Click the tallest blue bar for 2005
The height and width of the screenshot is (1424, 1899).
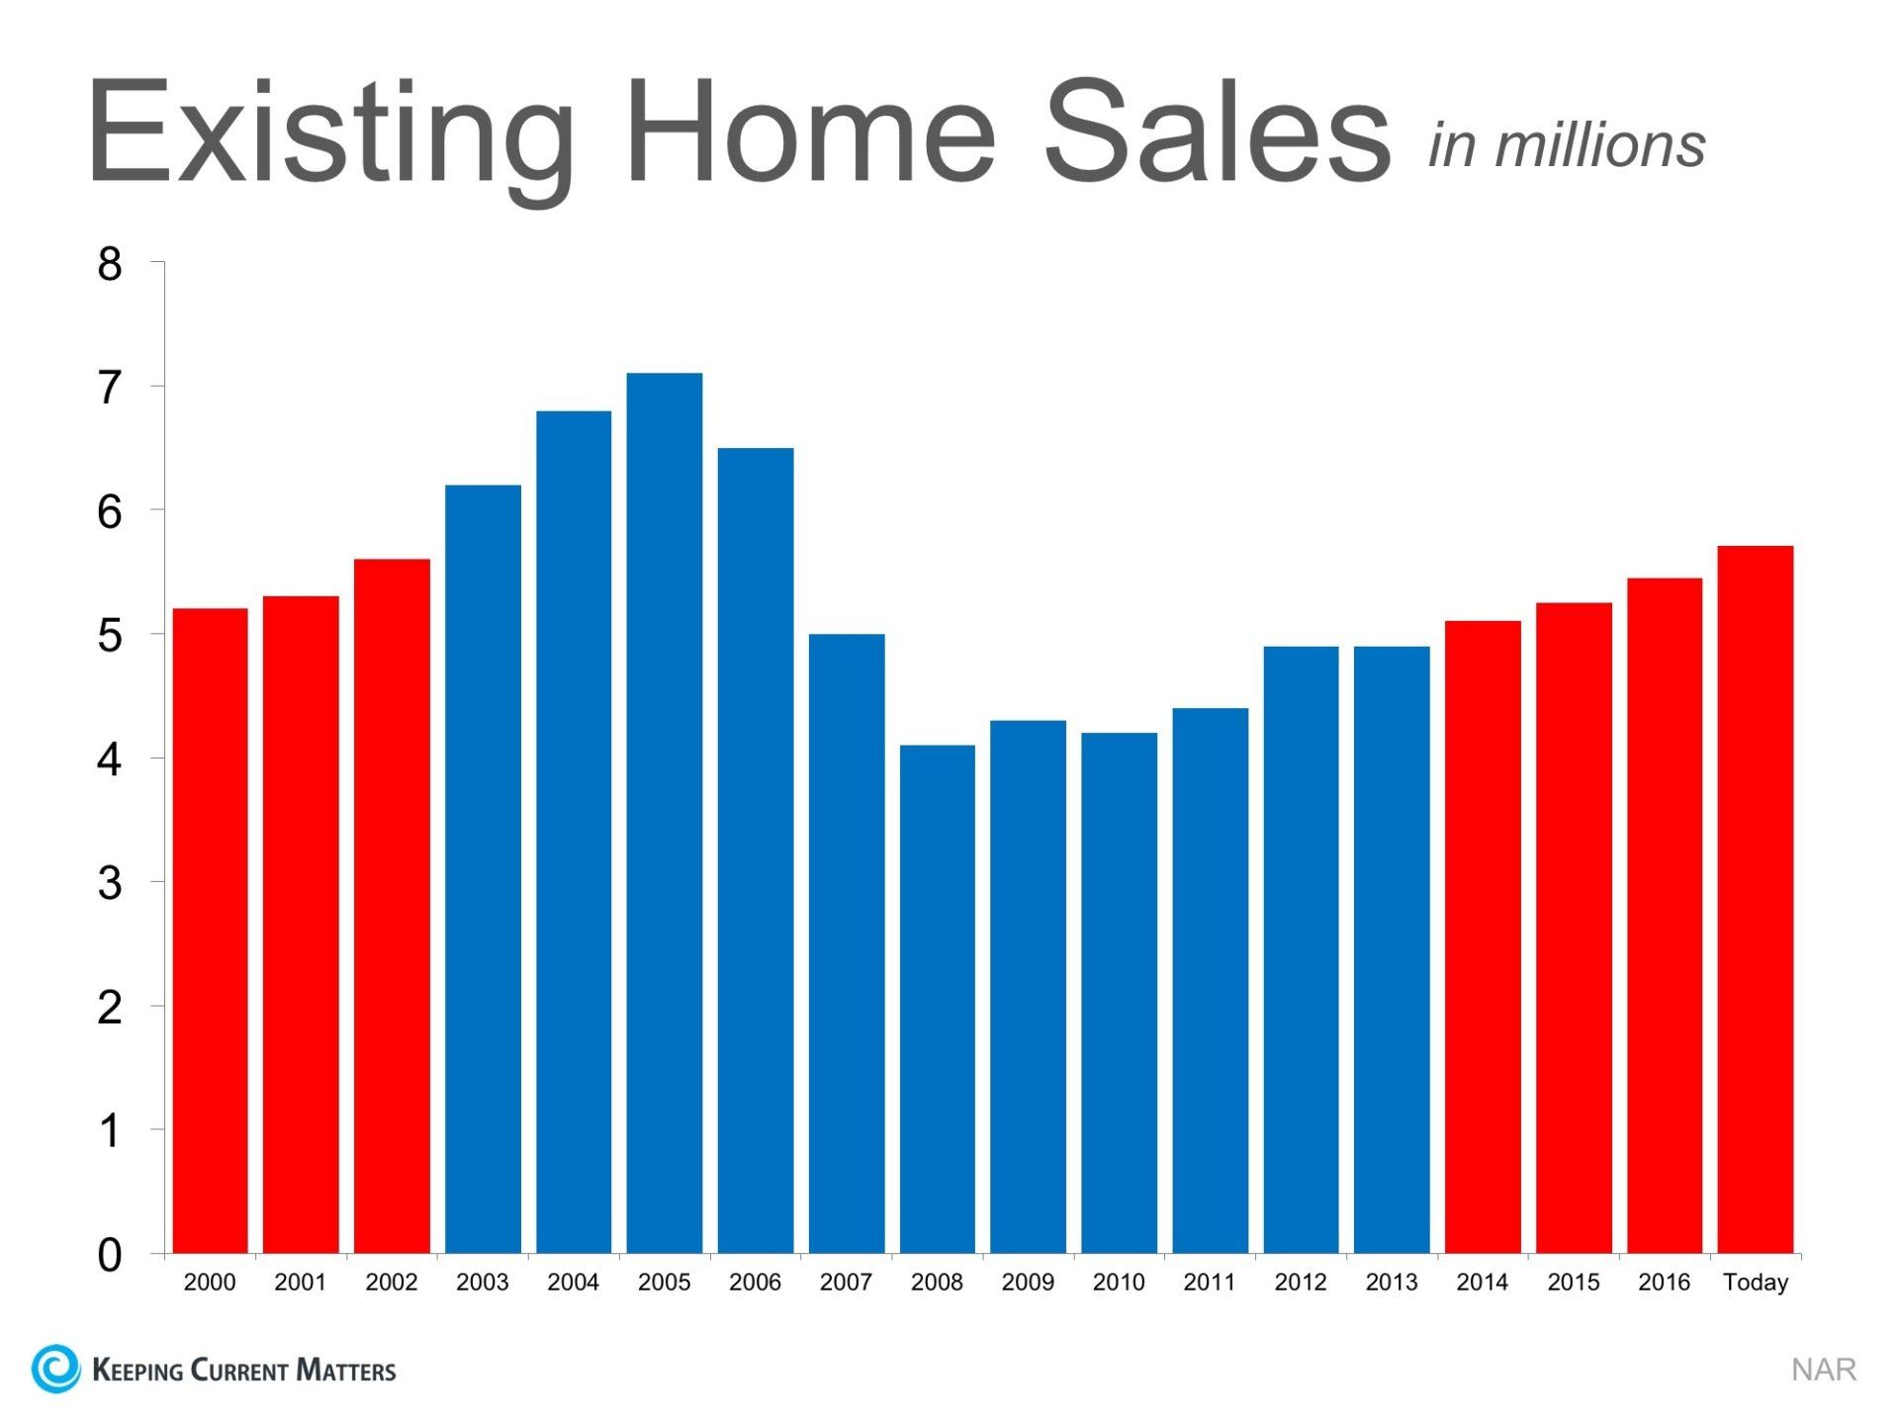coord(665,813)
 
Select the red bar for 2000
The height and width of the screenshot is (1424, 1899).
coord(210,931)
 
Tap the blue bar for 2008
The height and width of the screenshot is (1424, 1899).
coord(938,999)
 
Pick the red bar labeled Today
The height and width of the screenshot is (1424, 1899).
coord(1756,900)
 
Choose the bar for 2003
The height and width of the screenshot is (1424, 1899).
coord(483,869)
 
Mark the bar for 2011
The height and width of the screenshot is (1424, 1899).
coord(1211,981)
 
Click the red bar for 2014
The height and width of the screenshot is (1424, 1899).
coord(1483,937)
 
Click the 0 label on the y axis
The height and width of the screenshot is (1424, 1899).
coord(110,1255)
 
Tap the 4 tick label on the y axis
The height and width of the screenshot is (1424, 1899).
coord(110,759)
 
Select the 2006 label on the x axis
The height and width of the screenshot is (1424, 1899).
coord(756,1283)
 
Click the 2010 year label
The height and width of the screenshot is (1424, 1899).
coord(1119,1283)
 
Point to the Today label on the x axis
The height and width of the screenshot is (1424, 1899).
coord(1756,1283)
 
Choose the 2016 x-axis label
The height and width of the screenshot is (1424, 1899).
coord(1665,1283)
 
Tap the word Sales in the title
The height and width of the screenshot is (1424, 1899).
coord(1218,131)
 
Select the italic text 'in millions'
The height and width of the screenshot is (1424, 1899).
coord(1568,145)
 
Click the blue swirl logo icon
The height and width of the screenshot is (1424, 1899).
coord(55,1369)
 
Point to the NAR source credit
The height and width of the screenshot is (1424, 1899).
coord(1824,1370)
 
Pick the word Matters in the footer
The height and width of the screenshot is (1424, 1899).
coord(346,1370)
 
